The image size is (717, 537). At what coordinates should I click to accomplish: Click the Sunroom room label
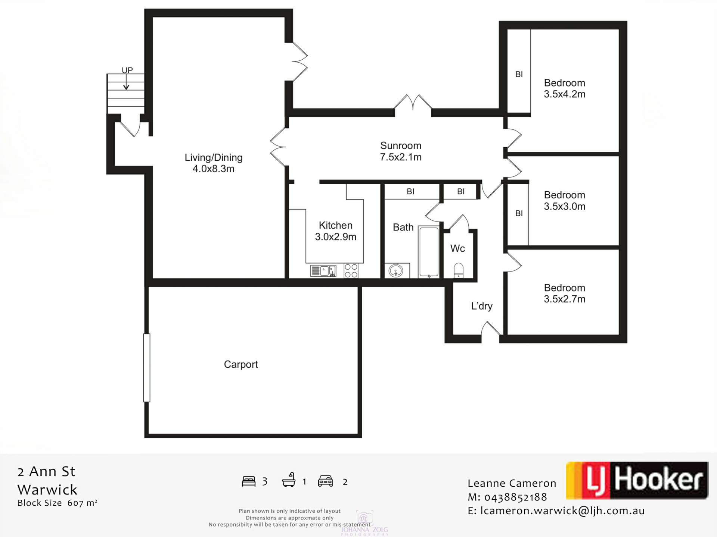[401, 145]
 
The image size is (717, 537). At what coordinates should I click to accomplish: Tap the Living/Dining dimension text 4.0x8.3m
[214, 169]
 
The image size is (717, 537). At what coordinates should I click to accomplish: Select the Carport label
[241, 364]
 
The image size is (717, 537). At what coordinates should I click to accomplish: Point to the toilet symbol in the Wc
[458, 270]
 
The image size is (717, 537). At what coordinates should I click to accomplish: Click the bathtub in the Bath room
[428, 252]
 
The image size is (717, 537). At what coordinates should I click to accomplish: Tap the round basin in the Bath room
[395, 271]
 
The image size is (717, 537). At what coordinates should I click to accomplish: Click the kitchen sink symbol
[323, 271]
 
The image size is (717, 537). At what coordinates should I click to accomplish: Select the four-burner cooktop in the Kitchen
[351, 271]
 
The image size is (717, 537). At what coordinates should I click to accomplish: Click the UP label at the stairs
[127, 70]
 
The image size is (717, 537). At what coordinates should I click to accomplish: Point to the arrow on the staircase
[126, 82]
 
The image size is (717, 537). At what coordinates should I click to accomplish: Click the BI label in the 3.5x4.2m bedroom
[519, 75]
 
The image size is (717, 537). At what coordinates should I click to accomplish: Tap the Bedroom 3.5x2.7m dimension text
[565, 299]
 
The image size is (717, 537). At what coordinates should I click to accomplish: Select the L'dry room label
[482, 306]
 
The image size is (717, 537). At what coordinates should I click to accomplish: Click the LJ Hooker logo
[637, 480]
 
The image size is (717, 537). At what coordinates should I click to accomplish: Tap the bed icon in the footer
[249, 481]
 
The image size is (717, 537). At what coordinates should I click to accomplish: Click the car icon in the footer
[325, 481]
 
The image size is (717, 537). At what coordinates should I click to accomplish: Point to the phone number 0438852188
[516, 497]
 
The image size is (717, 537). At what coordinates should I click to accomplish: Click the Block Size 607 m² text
[58, 503]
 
